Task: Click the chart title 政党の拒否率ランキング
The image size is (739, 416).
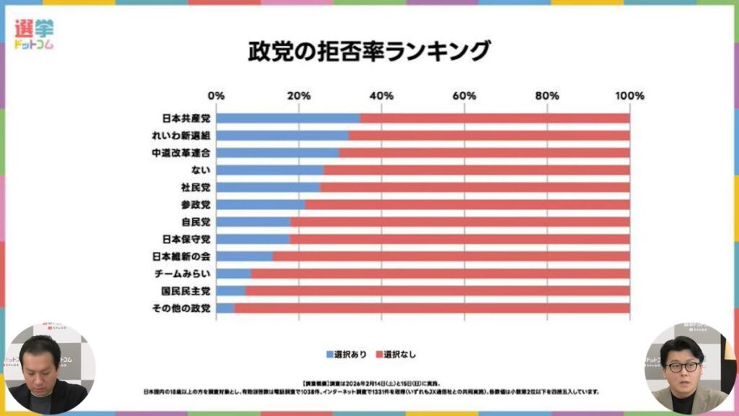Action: [369, 52]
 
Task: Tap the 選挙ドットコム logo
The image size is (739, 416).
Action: [34, 34]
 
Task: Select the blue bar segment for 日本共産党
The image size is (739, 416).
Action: [288, 118]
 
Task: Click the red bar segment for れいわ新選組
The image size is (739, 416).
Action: [489, 135]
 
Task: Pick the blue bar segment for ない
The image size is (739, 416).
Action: [269, 170]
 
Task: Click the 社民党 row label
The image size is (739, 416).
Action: [195, 187]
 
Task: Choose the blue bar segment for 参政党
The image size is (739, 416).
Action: [260, 204]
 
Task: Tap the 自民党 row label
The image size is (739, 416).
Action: [195, 222]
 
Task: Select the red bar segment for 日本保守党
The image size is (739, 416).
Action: [459, 239]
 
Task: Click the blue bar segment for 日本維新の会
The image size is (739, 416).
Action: [244, 256]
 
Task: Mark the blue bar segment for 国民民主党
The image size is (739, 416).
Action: [230, 291]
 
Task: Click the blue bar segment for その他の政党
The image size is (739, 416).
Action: [224, 308]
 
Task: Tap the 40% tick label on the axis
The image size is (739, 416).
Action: [382, 96]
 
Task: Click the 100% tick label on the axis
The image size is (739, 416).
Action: [629, 96]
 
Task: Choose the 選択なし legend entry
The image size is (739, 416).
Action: [396, 355]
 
